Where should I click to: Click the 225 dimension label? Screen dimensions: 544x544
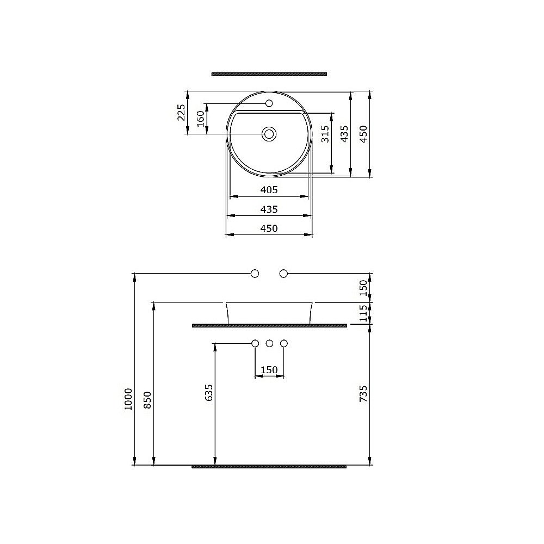(x=181, y=113)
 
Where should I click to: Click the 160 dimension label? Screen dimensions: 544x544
(x=200, y=118)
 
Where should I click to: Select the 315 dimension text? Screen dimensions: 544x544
(x=325, y=133)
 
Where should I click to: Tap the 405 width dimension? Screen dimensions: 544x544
(x=269, y=190)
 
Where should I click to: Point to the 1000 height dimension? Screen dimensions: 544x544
(x=128, y=399)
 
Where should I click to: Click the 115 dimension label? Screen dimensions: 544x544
(x=364, y=313)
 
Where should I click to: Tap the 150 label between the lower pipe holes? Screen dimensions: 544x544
(x=269, y=370)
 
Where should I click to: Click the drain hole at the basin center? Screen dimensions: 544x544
(x=269, y=133)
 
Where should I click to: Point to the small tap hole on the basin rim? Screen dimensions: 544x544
(x=268, y=103)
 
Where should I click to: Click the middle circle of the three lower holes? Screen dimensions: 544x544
(x=269, y=343)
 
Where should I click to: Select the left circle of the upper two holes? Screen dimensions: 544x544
(x=255, y=273)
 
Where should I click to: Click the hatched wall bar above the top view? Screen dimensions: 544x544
(x=269, y=73)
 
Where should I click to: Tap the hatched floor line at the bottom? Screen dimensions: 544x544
(x=269, y=466)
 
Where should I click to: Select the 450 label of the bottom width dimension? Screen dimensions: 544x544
(x=269, y=228)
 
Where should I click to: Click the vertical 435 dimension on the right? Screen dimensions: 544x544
(x=344, y=133)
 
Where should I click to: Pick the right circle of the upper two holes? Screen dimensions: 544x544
(x=283, y=273)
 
